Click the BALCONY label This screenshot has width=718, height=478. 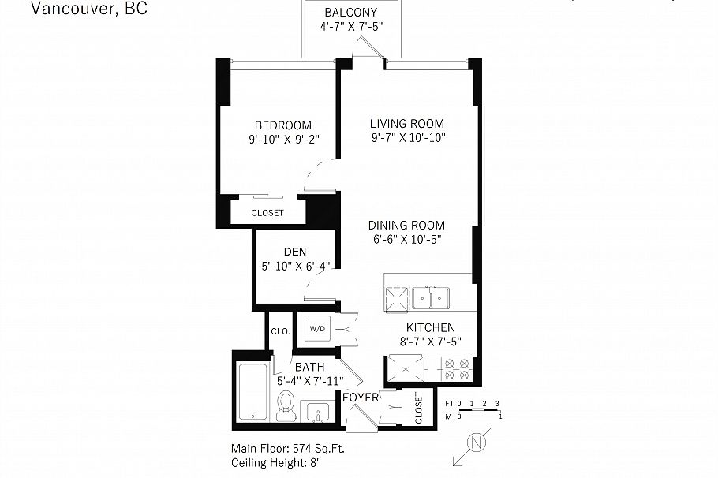coord(350,13)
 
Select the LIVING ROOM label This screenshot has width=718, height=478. coord(407,124)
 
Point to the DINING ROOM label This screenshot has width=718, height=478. coord(406,225)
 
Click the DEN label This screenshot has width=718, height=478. coord(294,252)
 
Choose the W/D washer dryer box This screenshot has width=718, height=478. coord(317,328)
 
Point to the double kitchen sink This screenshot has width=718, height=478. coord(431,297)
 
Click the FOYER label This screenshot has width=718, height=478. coord(360,397)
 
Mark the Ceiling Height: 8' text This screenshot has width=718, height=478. coord(275,462)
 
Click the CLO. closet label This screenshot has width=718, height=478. coord(279,331)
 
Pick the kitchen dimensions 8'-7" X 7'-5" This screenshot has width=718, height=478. coord(430,342)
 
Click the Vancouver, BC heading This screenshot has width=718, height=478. coord(88,9)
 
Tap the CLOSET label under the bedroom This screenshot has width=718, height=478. coord(267,213)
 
